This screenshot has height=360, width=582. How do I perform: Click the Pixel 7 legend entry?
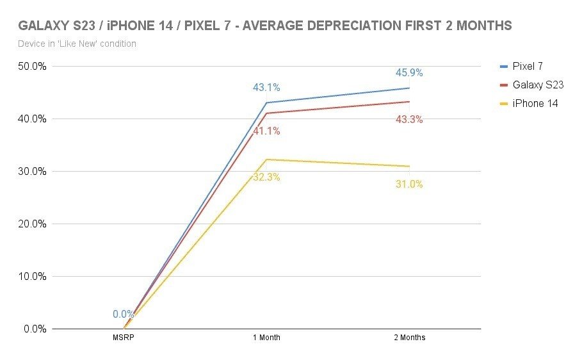point(528,66)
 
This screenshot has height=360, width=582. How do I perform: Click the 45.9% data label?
point(410,73)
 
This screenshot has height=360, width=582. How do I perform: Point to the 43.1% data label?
point(266,88)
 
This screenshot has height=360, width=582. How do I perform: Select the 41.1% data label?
point(266,131)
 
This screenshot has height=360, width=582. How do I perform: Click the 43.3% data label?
point(410,119)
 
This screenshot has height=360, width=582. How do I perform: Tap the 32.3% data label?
point(266,177)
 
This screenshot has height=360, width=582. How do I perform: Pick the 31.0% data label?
point(410,184)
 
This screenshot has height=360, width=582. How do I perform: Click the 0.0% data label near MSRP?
point(124,315)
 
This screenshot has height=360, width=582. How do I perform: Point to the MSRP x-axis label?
point(124,338)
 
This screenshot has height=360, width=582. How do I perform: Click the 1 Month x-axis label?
point(266,338)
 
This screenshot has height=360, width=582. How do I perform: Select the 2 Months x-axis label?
point(410,338)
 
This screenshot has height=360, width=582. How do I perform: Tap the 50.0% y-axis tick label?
point(31,67)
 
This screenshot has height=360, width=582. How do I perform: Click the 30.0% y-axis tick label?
point(31,172)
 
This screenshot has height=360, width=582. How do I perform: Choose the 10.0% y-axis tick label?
point(31,277)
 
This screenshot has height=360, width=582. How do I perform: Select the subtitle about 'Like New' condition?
point(77,44)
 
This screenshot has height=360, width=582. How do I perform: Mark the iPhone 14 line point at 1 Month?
point(266,160)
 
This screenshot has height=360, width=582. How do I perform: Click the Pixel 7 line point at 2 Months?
point(410,88)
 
